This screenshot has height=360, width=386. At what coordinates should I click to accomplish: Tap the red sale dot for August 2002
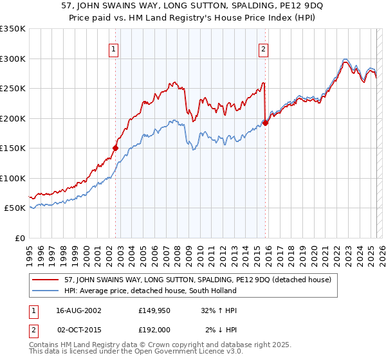[x=116, y=148]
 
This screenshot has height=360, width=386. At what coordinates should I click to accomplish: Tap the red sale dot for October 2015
[x=266, y=123]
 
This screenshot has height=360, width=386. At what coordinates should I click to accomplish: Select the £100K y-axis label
[x=13, y=178]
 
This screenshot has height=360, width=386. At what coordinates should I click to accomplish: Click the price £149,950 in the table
[x=153, y=310]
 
